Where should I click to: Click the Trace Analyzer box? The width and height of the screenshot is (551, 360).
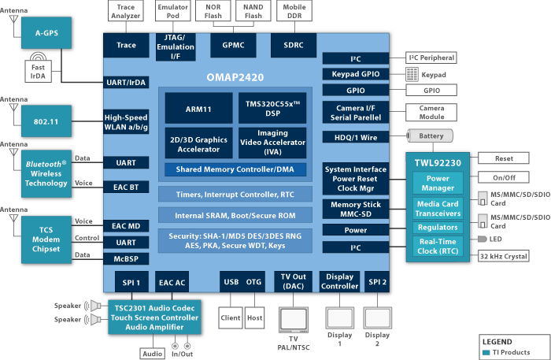[126, 11]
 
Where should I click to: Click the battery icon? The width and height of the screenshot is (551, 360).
[429, 136]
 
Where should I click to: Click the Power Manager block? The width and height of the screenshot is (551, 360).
[438, 184]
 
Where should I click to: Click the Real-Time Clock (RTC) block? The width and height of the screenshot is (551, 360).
[438, 246]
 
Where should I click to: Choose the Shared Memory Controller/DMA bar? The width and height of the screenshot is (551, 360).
[235, 169]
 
